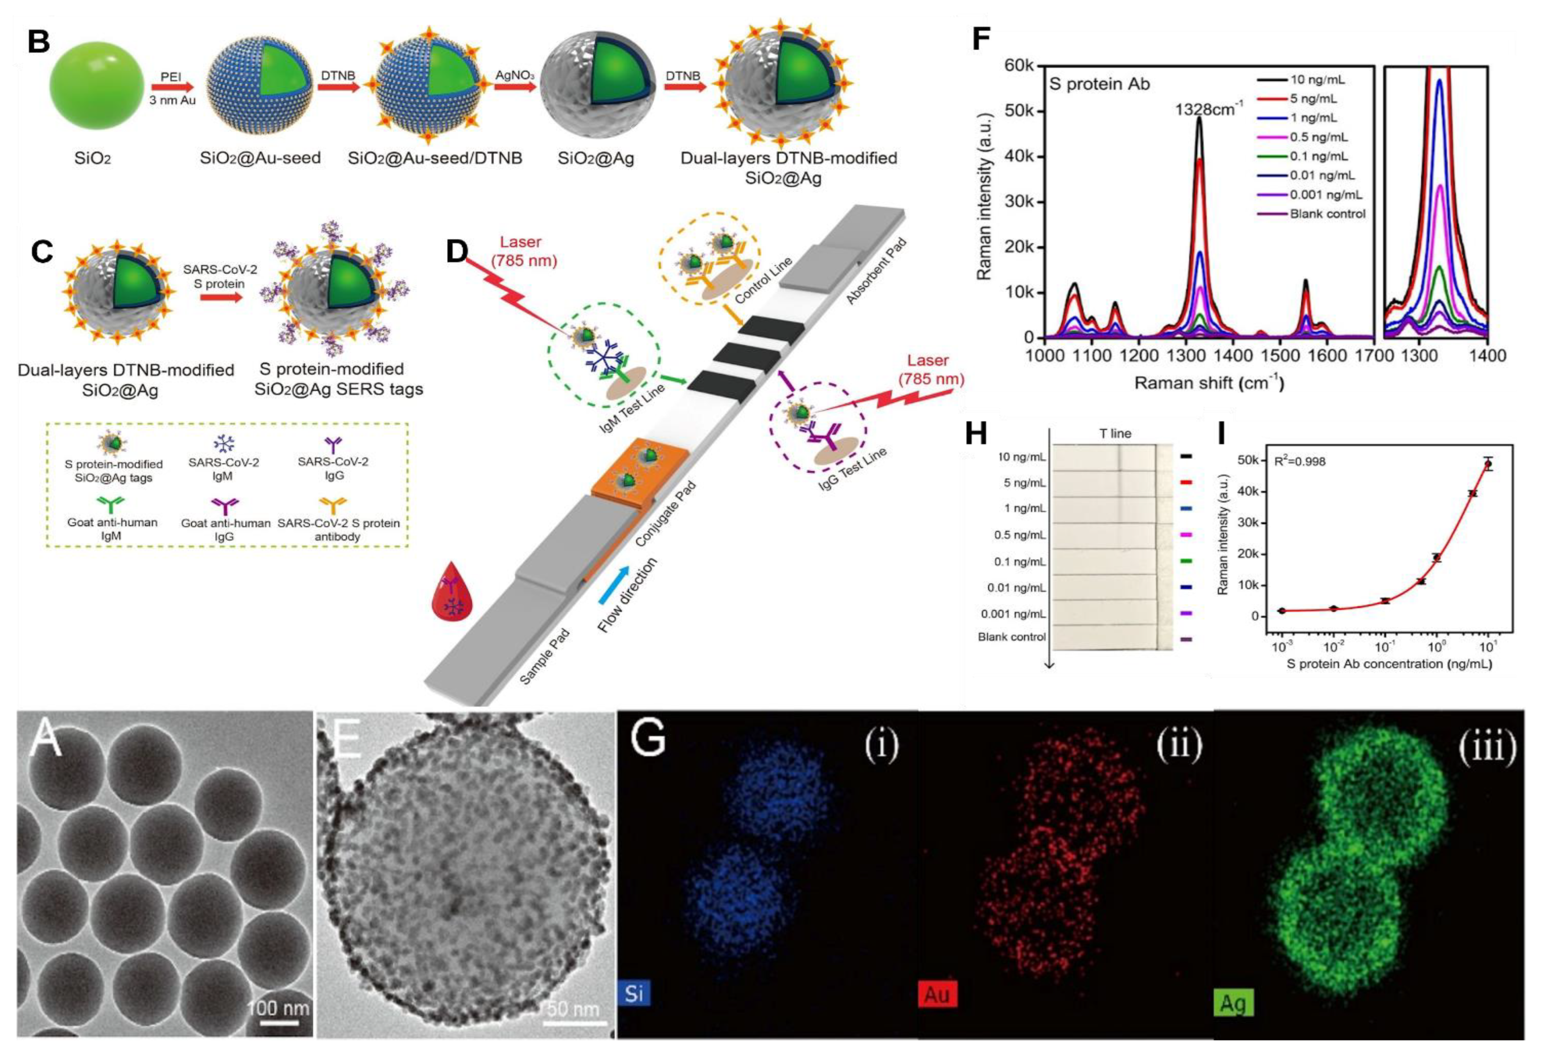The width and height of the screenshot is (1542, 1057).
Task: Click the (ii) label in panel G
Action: point(1178,746)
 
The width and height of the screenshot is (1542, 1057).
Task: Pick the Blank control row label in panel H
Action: point(1011,637)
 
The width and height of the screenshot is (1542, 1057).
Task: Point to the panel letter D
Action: point(457,252)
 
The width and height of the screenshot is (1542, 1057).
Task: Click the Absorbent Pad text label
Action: point(876,272)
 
